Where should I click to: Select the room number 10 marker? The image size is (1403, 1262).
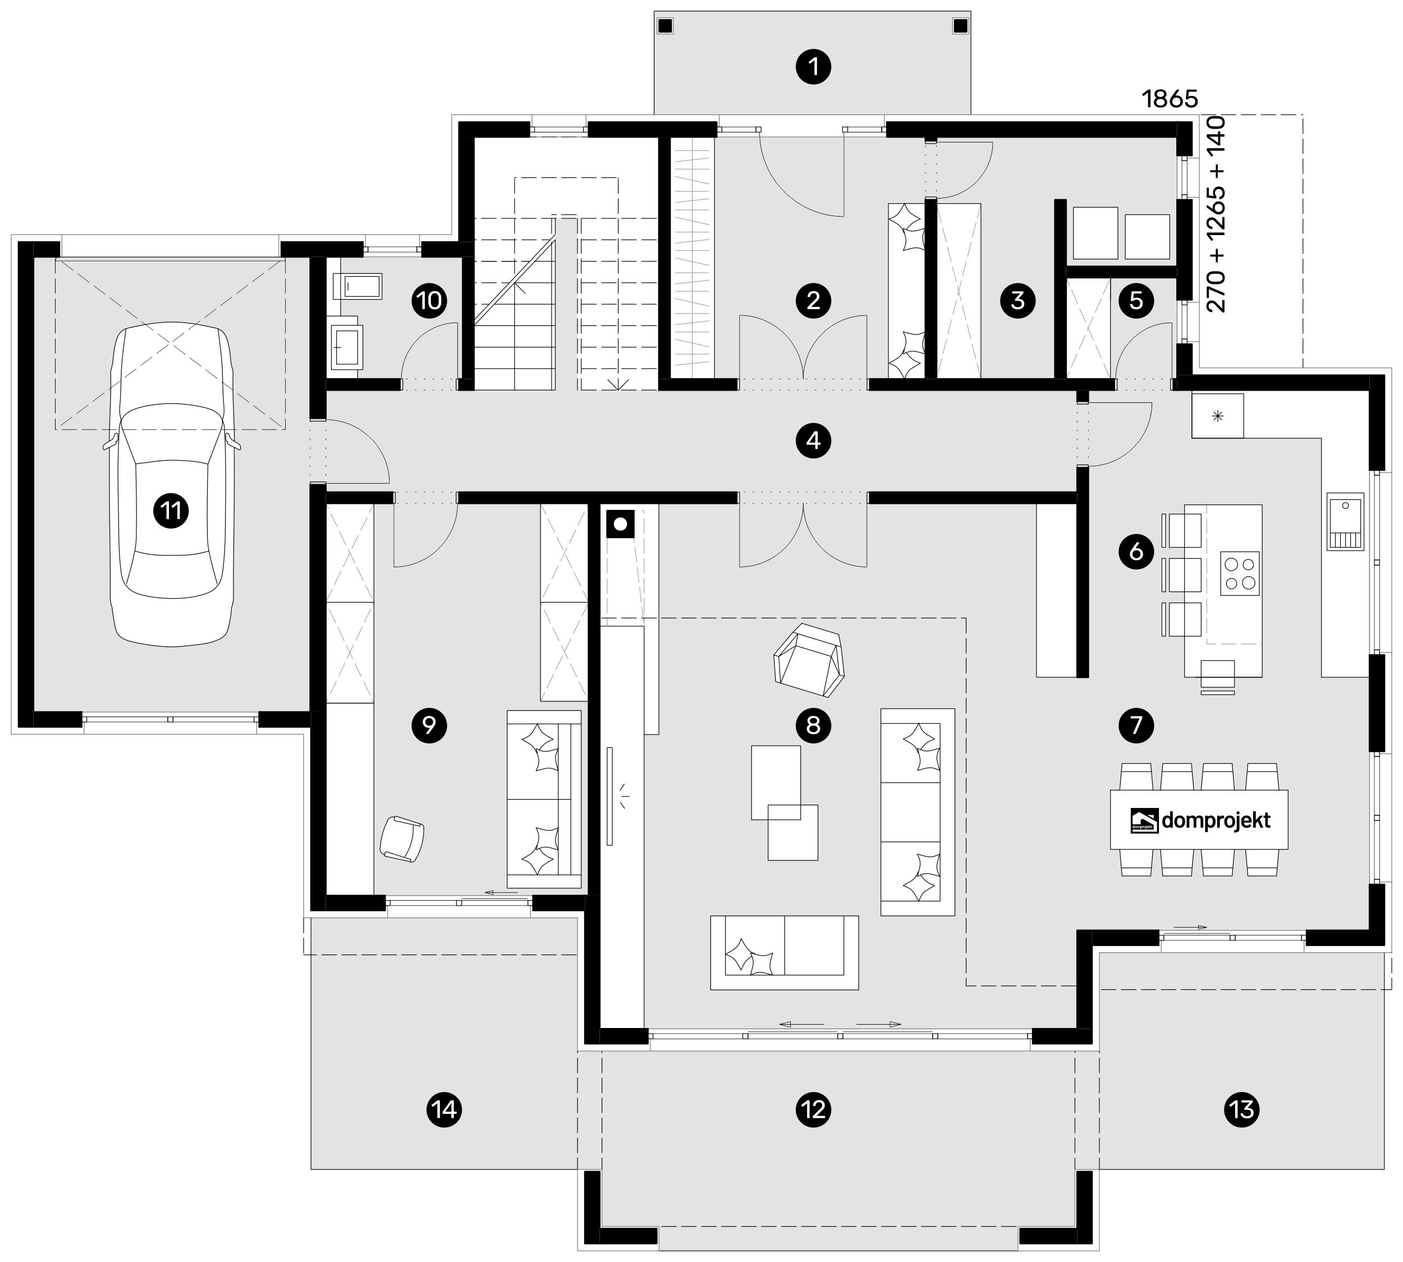tap(429, 301)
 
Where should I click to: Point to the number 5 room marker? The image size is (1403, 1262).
tap(1136, 301)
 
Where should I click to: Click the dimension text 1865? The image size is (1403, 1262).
tap(1170, 99)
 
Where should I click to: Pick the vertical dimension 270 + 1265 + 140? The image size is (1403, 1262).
tap(1217, 215)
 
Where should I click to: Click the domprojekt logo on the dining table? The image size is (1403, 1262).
tap(1200, 820)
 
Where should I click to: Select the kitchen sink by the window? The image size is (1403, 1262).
tap(1345, 521)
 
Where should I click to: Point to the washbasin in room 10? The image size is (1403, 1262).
tap(347, 345)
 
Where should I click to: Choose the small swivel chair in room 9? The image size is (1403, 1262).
tap(402, 838)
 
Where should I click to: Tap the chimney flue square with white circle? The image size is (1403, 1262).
tap(620, 524)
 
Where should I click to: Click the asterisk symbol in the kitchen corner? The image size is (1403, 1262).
tap(1217, 416)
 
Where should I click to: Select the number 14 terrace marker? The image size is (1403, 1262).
tap(444, 1109)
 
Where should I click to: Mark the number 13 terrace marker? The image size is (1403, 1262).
tap(1241, 1109)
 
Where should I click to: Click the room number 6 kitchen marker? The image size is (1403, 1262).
tap(1136, 552)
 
